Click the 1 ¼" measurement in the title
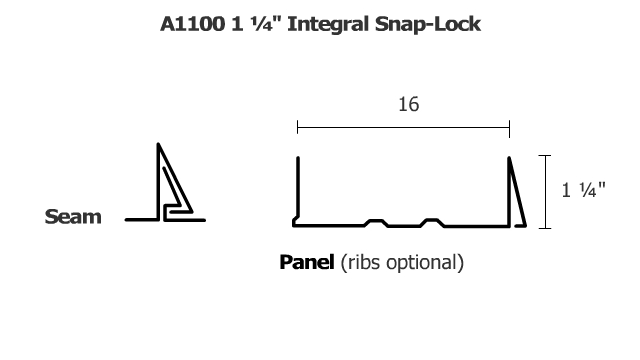tap(250, 23)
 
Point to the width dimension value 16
tap(403, 103)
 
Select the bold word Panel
tap(307, 264)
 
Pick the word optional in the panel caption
tap(428, 264)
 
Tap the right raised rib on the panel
tap(432, 221)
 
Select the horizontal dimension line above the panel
tap(403, 128)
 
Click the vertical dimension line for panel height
tap(544, 191)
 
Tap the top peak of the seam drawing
tap(159, 147)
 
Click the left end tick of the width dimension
tap(297, 128)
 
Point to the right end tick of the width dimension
tap(509, 128)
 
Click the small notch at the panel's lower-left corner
tap(295, 221)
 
